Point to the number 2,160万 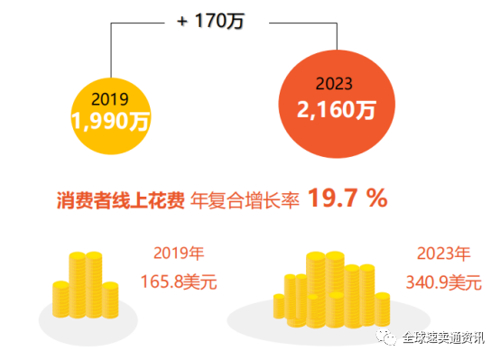[x=336, y=110]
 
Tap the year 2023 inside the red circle [x=336, y=84]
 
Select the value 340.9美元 [x=443, y=282]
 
